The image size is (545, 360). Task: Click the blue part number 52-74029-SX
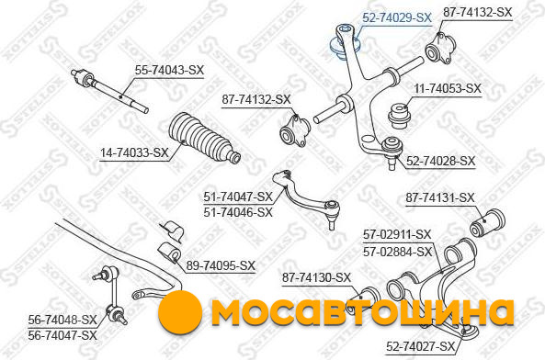tap(397, 17)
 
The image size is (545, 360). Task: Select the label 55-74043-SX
tap(169, 71)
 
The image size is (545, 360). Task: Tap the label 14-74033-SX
tap(134, 152)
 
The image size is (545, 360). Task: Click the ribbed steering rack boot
tap(204, 138)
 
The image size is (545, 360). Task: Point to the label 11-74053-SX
tap(448, 88)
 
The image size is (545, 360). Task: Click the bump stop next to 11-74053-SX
tap(400, 116)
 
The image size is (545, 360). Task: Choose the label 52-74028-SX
tap(440, 161)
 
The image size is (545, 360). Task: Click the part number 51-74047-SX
tap(238, 197)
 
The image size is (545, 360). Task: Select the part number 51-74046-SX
tap(238, 212)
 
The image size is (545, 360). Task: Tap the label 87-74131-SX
tap(440, 198)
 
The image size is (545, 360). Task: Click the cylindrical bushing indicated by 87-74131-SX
tap(487, 224)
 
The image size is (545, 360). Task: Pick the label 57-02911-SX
tap(397, 235)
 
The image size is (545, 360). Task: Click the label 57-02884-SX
tap(397, 252)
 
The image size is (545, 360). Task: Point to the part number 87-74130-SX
tap(316, 277)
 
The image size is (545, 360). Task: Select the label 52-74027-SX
tap(420, 346)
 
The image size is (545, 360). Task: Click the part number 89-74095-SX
tap(221, 266)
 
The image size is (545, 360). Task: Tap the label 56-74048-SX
tap(62, 321)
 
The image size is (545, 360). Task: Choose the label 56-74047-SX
tap(62, 335)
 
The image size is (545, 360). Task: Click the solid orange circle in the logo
tap(180, 312)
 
